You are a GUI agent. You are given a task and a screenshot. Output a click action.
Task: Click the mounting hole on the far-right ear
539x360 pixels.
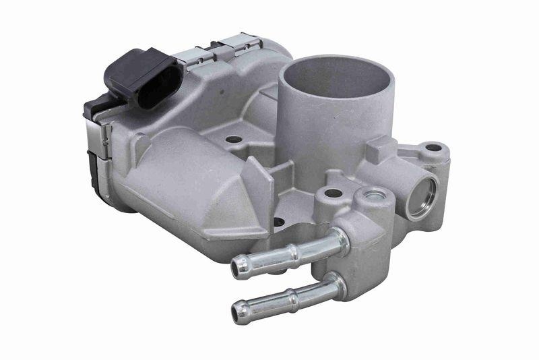[x=433, y=148]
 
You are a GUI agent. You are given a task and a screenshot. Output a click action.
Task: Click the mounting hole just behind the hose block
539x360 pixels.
[x=333, y=193]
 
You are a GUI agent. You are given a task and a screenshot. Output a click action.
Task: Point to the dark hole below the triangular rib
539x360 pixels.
[x=278, y=221]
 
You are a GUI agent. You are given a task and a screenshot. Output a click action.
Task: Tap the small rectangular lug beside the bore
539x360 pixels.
[x=381, y=147]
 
